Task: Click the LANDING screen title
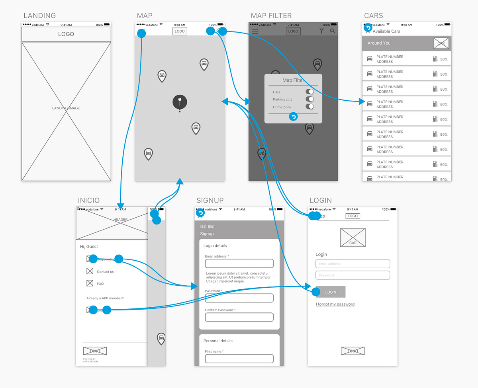(39, 16)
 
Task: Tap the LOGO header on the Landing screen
(66, 34)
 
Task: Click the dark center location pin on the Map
(180, 102)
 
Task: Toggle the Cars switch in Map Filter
(310, 92)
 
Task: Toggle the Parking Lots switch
(310, 99)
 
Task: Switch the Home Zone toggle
(310, 107)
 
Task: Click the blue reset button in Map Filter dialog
(293, 117)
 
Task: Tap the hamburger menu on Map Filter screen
(255, 31)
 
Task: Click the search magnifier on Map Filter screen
(333, 31)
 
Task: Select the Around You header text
(379, 43)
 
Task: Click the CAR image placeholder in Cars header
(441, 43)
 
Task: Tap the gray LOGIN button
(331, 292)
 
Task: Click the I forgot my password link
(335, 304)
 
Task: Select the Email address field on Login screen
(353, 264)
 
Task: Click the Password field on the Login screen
(353, 275)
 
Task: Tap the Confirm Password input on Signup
(239, 317)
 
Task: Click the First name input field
(239, 359)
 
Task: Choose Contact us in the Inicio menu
(105, 272)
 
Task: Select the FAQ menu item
(100, 284)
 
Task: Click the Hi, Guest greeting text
(89, 247)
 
